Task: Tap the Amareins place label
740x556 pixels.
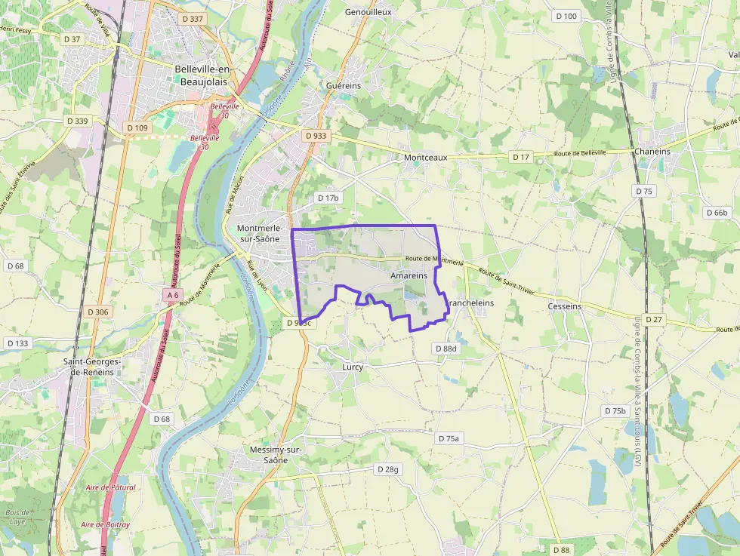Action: [409, 276]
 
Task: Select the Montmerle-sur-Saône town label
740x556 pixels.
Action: [260, 233]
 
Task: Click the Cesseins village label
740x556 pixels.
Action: [566, 306]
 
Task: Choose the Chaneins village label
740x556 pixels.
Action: [652, 152]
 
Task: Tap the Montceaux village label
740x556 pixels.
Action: [426, 158]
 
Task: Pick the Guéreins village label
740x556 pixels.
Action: [344, 86]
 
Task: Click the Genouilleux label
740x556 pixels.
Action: [368, 13]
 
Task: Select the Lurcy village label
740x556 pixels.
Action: [353, 367]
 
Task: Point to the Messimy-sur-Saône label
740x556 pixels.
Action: [276, 455]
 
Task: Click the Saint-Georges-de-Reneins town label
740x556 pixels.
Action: [92, 367]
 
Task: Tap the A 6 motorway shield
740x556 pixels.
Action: [173, 295]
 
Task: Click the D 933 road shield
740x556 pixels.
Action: [316, 136]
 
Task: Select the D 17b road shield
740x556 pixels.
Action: [329, 198]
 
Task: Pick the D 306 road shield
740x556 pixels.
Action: [98, 312]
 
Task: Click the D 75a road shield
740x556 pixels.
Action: [449, 438]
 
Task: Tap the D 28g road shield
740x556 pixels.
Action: [387, 469]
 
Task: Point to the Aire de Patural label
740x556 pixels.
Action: [110, 487]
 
